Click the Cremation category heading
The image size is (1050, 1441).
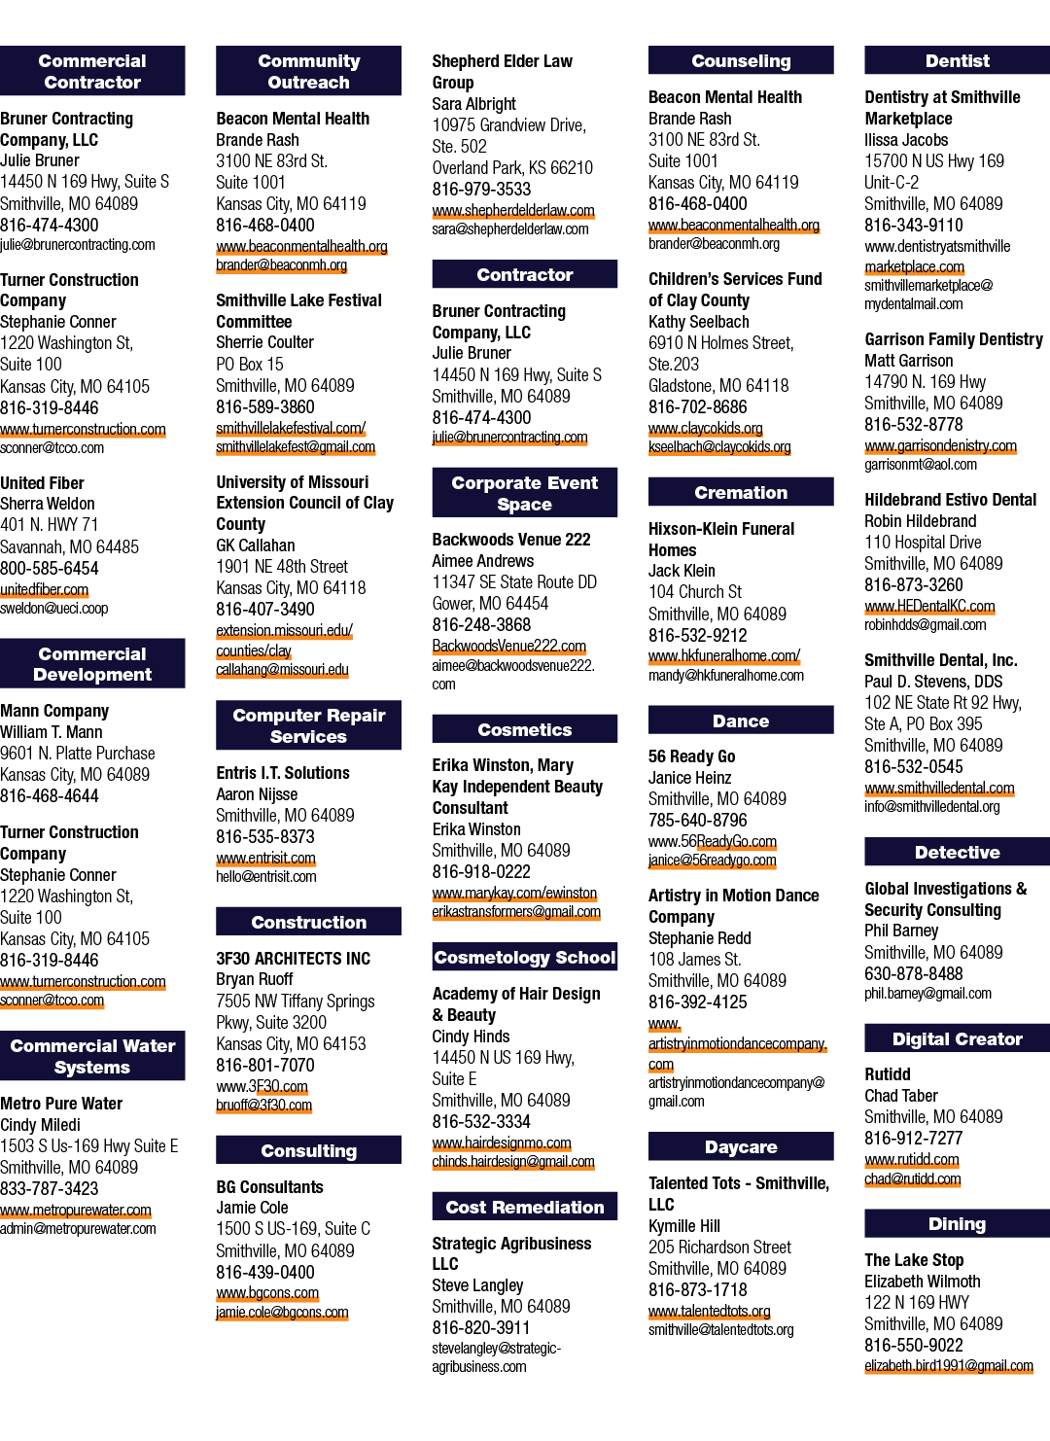[x=741, y=492]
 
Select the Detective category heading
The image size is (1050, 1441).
[x=958, y=853]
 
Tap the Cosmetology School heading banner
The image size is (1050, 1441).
[x=524, y=957]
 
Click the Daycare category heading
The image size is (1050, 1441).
[x=741, y=1146]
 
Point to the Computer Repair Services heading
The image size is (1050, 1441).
[x=308, y=725]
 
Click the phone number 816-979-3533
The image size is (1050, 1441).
[x=481, y=190]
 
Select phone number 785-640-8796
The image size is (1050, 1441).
[x=697, y=821]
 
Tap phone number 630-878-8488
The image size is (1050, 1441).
[x=914, y=973]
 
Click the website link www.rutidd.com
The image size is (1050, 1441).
[x=912, y=1159]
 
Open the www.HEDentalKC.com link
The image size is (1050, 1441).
[x=929, y=606]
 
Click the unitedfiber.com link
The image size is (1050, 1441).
[x=45, y=589]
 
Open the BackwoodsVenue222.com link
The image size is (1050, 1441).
[x=508, y=646]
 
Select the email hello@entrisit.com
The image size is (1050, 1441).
[x=266, y=876]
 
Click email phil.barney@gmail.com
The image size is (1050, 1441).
[x=927, y=994]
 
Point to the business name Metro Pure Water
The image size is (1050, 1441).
[x=61, y=1104]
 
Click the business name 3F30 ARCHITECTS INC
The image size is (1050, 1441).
[x=294, y=959]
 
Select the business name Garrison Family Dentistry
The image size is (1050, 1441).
[x=954, y=339]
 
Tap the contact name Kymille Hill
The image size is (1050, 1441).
[x=683, y=1226]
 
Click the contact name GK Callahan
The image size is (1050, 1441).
[x=256, y=545]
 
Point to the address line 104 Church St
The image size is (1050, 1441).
[x=695, y=592]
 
